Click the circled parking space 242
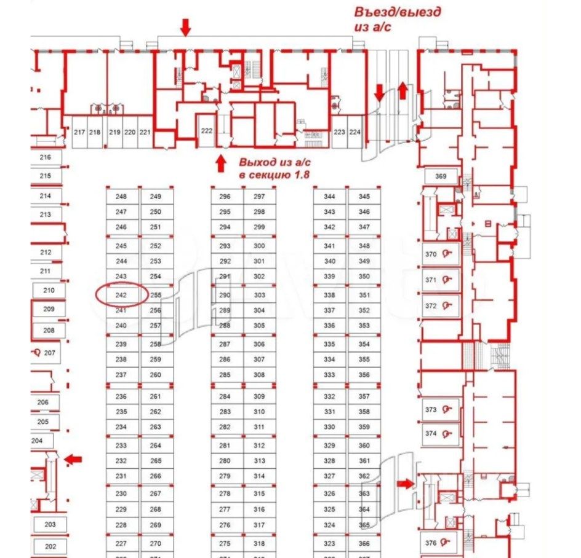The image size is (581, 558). pos(121,295)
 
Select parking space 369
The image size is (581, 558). pos(441,176)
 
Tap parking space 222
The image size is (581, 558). pos(207,131)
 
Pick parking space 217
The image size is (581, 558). pos(79,132)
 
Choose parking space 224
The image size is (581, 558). pos(355,132)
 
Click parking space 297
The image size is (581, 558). pos(259,197)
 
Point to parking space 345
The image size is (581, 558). pos(364,197)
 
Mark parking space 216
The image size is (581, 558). pos(46,157)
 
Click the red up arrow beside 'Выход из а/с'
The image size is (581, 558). pos(220,163)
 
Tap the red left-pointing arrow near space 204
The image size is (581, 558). pos(73,458)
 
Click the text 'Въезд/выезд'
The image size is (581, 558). pos(398,12)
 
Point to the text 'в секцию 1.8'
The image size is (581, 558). pos(273,175)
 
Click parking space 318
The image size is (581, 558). pos(259,543)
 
